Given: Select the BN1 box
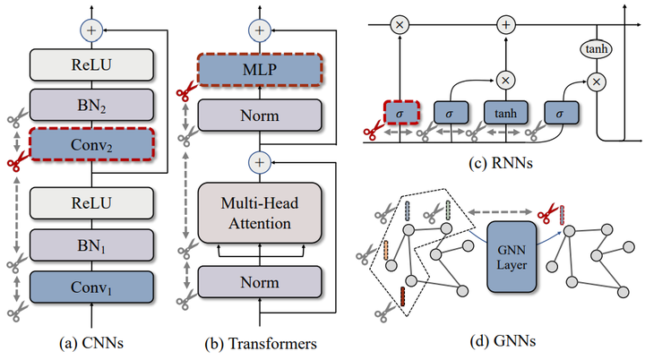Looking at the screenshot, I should (x=92, y=244).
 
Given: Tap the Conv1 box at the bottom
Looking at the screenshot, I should (x=92, y=287).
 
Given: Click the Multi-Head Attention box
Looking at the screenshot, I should (x=260, y=212).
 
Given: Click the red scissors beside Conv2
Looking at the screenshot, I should (x=14, y=163).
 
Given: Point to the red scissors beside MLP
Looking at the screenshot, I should (x=185, y=91).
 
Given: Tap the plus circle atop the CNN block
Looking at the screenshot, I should (x=91, y=30).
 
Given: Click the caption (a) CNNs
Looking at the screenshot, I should (x=91, y=342).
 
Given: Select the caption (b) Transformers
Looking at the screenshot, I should (x=260, y=342).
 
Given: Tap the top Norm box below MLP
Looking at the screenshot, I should (x=260, y=115).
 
